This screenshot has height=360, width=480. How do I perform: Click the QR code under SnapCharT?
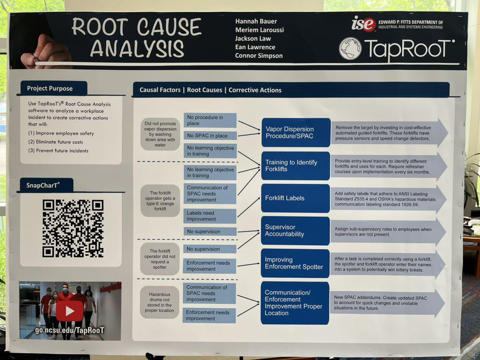pyautogui.click(x=72, y=228)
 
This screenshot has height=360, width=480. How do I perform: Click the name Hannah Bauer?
pyautogui.click(x=256, y=21)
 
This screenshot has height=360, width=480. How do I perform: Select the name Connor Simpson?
pyautogui.click(x=259, y=56)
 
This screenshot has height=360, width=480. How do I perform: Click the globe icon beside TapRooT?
pyautogui.click(x=350, y=48)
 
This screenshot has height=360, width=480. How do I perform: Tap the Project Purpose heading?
pyautogui.click(x=50, y=88)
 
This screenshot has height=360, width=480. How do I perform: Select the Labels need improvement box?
pyautogui.click(x=210, y=216)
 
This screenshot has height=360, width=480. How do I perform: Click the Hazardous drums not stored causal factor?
pyautogui.click(x=160, y=302)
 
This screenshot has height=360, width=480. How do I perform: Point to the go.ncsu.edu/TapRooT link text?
pyautogui.click(x=70, y=331)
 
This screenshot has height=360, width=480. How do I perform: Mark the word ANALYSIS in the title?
pyautogui.click(x=137, y=48)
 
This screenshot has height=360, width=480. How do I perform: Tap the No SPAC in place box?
pyautogui.click(x=210, y=135)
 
